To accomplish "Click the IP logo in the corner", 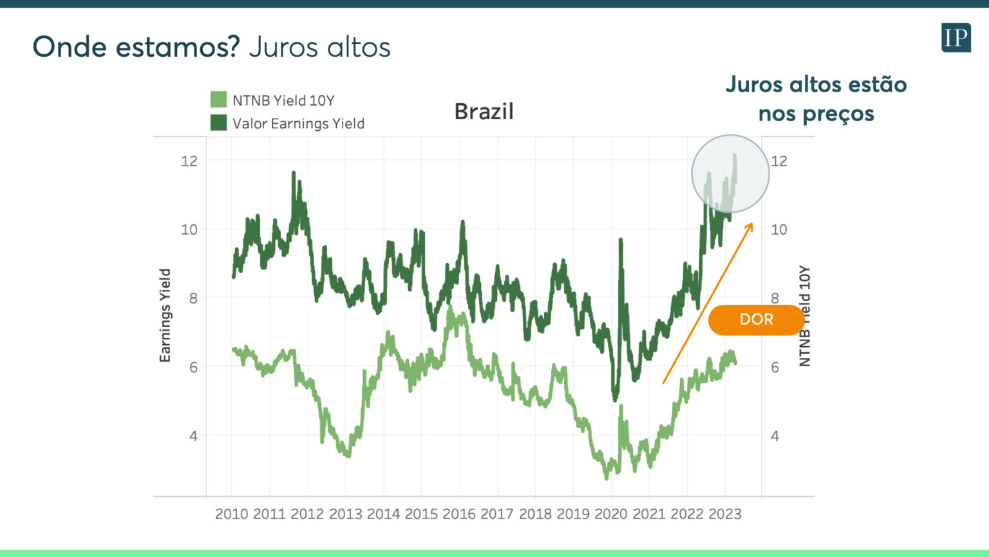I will (x=956, y=37).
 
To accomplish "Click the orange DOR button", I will (x=756, y=320).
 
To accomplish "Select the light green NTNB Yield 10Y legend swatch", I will (x=218, y=99).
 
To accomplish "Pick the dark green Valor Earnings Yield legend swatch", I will (x=218, y=122).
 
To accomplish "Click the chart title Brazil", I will (x=484, y=112).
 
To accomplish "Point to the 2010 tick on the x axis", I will (x=232, y=514).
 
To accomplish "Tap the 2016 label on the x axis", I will (x=459, y=514).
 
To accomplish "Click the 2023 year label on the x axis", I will (x=725, y=514).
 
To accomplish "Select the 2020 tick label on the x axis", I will (x=611, y=514).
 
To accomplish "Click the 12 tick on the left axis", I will (x=189, y=161).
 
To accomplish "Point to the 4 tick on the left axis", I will (x=193, y=436).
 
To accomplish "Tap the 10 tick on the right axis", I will (x=779, y=230).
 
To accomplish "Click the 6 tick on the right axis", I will (x=775, y=367).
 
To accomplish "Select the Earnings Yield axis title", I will (x=165, y=315).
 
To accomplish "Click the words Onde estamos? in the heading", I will (x=136, y=47).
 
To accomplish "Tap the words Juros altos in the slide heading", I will (x=319, y=47).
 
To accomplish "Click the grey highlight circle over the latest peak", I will (x=730, y=174).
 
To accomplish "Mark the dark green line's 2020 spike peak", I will (x=621, y=240).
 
